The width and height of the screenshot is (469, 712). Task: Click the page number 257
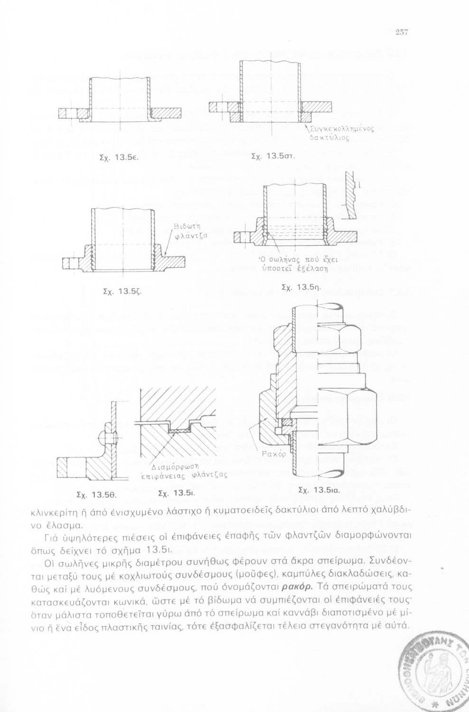402,33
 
